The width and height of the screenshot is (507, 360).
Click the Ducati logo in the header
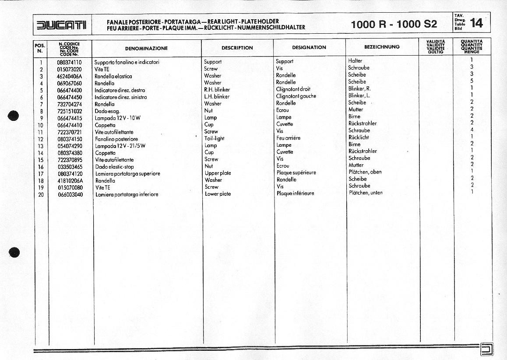click(x=61, y=25)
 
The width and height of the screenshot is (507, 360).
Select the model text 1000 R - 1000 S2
click(x=394, y=25)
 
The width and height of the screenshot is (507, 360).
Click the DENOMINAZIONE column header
click(x=146, y=48)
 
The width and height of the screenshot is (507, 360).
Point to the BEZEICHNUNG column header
click(x=382, y=47)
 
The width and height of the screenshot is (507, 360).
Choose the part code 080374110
click(x=69, y=62)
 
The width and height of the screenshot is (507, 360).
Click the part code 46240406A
click(x=69, y=76)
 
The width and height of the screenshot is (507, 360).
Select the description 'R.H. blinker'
click(x=217, y=90)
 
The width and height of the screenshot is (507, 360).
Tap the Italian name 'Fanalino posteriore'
click(x=116, y=139)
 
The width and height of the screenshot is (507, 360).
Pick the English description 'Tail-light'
click(x=214, y=138)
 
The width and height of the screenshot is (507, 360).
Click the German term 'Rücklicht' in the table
click(x=359, y=137)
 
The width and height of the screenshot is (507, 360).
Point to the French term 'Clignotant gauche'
click(x=296, y=96)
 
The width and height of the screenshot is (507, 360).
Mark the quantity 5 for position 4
click(x=472, y=81)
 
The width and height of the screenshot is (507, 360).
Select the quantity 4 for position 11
click(x=472, y=130)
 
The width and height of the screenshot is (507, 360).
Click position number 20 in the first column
click(x=41, y=194)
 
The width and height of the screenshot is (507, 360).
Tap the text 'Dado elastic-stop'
click(x=114, y=167)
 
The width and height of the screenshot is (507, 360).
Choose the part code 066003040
click(x=70, y=194)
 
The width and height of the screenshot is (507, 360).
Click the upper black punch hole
click(x=14, y=116)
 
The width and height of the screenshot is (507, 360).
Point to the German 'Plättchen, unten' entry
click(x=365, y=193)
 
